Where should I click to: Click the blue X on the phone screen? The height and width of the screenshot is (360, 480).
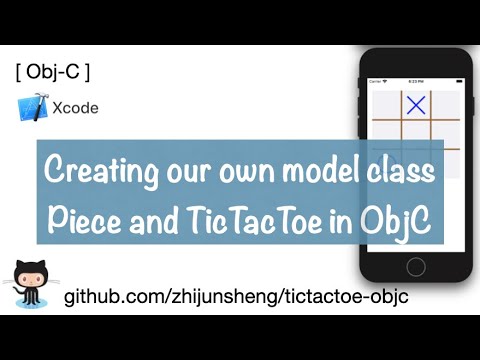tap(416, 104)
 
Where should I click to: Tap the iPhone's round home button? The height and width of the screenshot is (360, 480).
tap(415, 266)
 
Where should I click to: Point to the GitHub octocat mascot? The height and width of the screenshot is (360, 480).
tap(30, 282)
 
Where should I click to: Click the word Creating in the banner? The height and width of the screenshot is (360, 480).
tap(97, 171)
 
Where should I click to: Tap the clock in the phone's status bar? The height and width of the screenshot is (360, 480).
tap(415, 81)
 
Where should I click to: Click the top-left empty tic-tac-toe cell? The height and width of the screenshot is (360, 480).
tap(386, 104)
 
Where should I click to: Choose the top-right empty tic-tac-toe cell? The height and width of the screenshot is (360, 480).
tap(446, 104)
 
